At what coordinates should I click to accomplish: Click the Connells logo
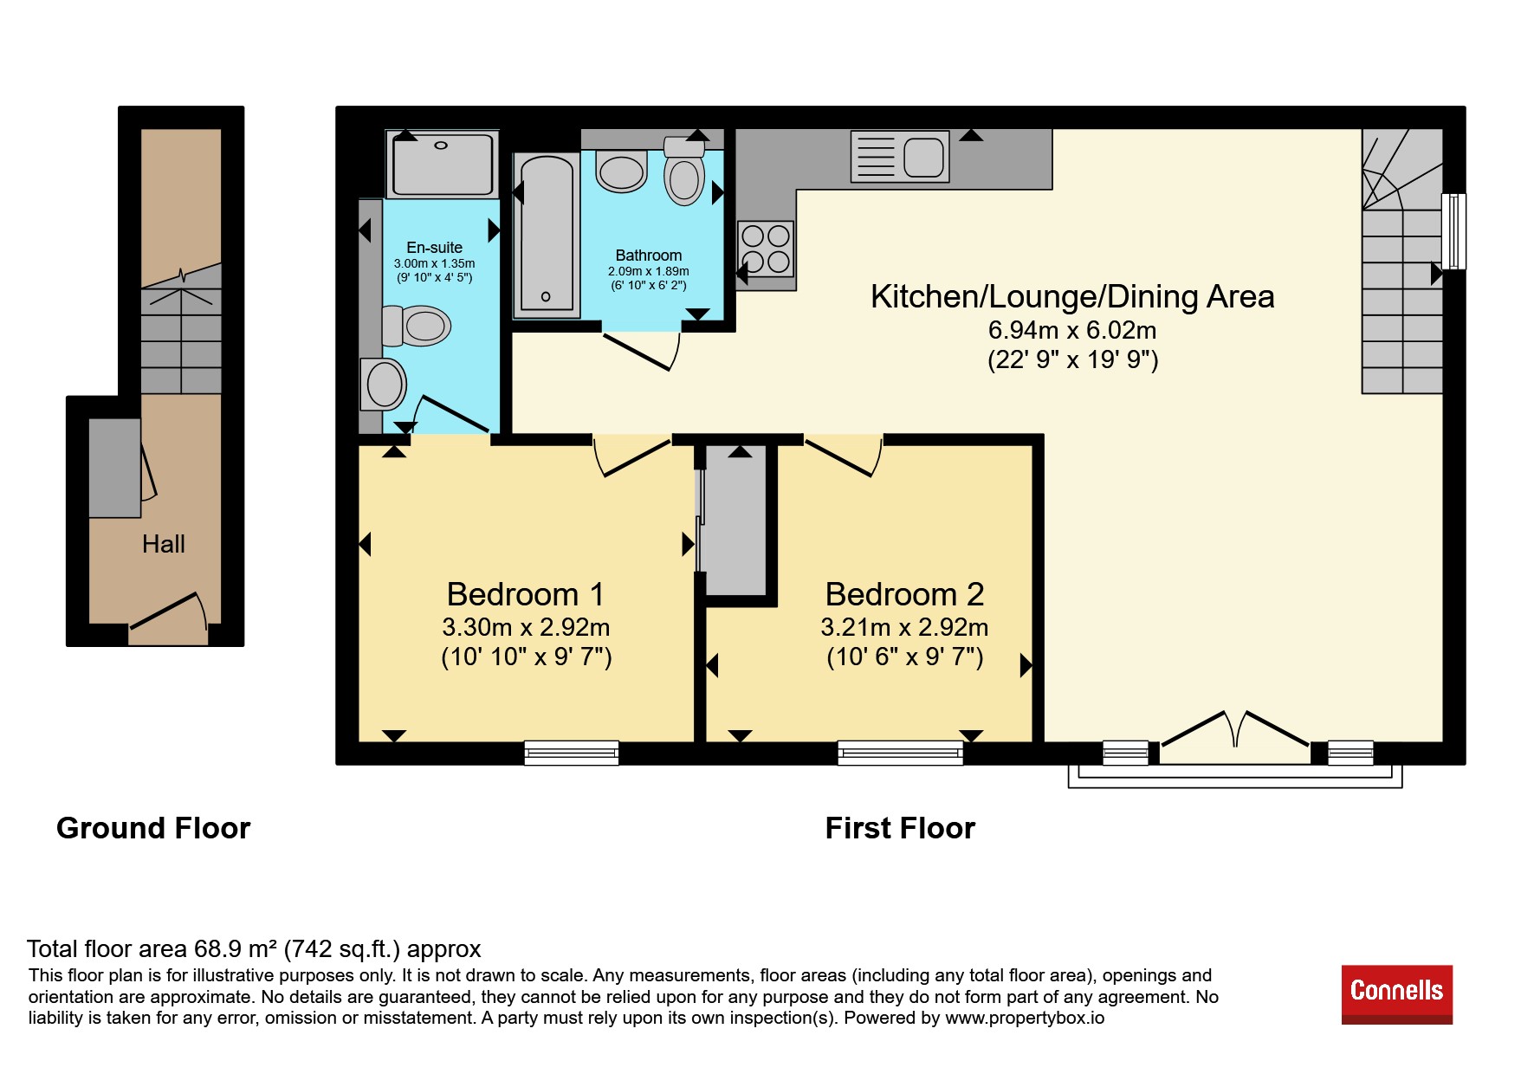(1396, 993)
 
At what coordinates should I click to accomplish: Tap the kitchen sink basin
(923, 158)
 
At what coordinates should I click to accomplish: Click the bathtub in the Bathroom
(547, 235)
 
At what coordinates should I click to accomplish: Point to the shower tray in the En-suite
(442, 165)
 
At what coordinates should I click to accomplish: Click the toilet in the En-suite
(417, 326)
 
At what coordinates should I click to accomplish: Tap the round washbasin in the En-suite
(383, 385)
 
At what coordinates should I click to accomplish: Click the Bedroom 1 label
(525, 594)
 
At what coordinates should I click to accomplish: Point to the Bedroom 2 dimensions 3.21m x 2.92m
(904, 627)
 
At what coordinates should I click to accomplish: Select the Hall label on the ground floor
(164, 544)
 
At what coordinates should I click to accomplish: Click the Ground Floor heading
(153, 828)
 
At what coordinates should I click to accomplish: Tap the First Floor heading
(900, 828)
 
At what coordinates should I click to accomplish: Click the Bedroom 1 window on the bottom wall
(572, 753)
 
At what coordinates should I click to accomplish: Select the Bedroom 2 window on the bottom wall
(901, 753)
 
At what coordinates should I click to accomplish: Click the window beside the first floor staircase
(1454, 231)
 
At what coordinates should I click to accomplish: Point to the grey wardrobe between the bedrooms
(735, 521)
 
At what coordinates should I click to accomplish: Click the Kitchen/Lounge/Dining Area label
(1072, 297)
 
